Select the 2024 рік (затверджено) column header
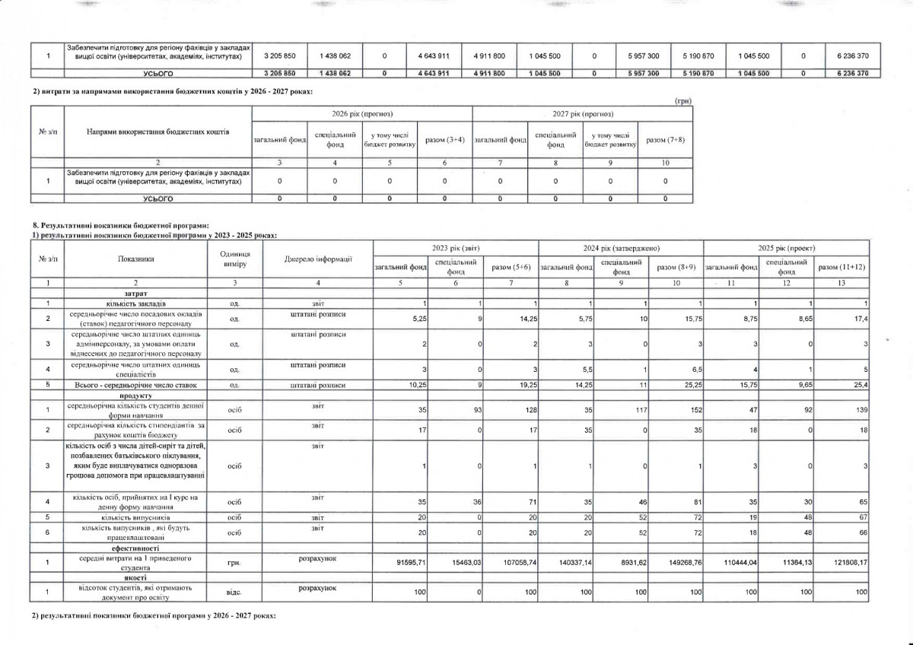621,249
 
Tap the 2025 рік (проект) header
786,249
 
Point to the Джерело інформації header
318,259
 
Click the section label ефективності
135,548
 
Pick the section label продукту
135,396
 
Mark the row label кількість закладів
135,303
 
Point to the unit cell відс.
234,589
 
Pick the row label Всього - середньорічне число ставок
135,386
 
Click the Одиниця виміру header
234,259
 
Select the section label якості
135,577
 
